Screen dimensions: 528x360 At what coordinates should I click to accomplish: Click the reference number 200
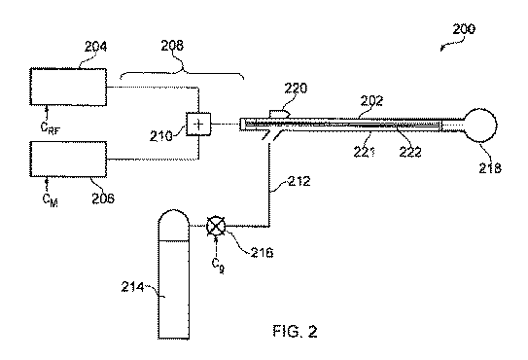[x=464, y=29]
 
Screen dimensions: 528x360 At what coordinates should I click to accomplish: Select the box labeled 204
[x=68, y=87]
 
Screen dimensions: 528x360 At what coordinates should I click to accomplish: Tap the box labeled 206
[x=68, y=160]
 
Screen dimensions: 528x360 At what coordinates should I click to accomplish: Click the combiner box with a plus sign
[x=198, y=125]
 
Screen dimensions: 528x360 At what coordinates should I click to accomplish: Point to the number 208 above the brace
[x=172, y=45]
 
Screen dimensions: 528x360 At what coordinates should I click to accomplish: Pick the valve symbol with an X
[x=216, y=226]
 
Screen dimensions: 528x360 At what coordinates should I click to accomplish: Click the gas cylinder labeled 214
[x=173, y=274]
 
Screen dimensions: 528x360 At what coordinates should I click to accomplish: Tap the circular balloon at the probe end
[x=480, y=126]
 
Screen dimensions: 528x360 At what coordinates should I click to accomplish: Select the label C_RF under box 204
[x=51, y=127]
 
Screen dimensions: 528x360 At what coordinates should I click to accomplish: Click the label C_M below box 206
[x=51, y=199]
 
